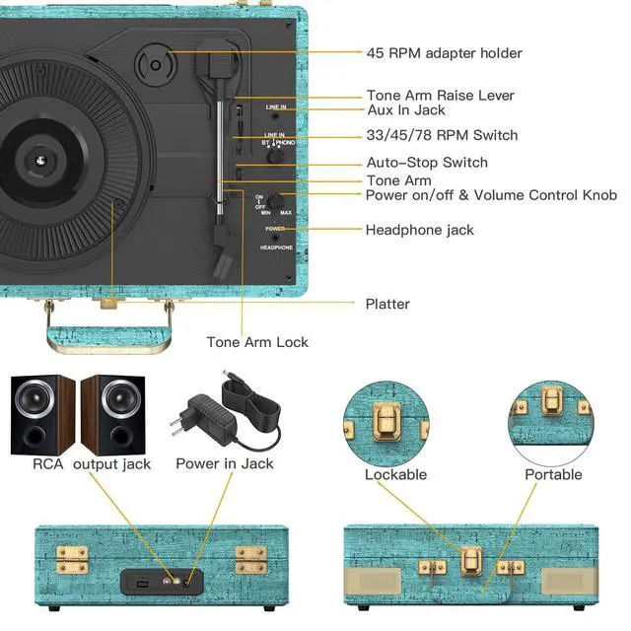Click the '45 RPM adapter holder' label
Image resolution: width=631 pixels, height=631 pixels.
[444, 53]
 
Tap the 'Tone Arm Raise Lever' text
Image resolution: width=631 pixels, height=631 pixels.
[441, 96]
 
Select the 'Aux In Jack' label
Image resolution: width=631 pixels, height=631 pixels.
[406, 109]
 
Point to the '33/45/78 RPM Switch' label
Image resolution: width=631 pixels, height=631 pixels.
[442, 135]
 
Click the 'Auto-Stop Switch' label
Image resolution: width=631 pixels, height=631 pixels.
[427, 162]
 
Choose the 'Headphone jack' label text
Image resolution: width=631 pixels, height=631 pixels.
[419, 230]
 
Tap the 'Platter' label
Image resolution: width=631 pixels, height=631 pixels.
[387, 304]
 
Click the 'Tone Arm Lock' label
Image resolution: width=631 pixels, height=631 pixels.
[257, 342]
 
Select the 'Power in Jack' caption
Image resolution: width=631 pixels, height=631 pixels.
[225, 463]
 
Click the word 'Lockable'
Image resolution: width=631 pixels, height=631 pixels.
[395, 474]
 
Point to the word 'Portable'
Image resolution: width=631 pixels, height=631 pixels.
[553, 474]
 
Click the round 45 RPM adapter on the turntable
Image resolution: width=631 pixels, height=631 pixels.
[156, 64]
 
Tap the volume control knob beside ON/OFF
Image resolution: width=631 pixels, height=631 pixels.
[275, 200]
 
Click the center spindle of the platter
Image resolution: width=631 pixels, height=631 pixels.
[40, 161]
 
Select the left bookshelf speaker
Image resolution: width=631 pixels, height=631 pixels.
[42, 415]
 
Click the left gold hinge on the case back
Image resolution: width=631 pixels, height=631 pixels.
[72, 559]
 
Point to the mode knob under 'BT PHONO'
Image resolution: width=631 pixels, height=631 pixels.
[275, 156]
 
